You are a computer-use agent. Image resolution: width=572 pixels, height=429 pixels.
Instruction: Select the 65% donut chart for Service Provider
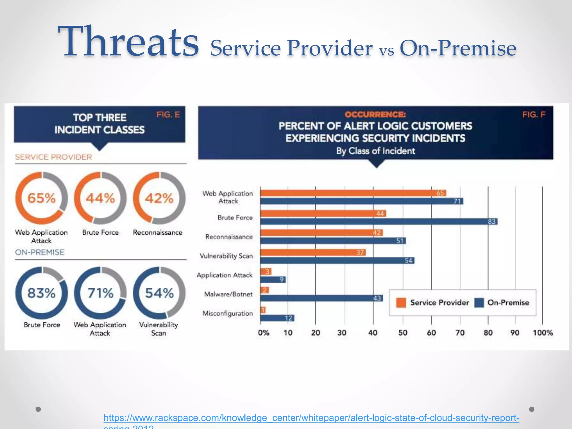tap(42, 198)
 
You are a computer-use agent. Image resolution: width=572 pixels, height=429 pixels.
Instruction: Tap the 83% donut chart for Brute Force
tap(42, 293)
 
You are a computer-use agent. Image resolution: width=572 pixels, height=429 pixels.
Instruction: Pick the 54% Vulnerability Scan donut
tap(159, 293)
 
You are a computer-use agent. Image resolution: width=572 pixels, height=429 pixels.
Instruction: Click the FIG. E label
tap(168, 115)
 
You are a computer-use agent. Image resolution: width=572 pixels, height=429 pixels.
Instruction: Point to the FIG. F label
tap(534, 115)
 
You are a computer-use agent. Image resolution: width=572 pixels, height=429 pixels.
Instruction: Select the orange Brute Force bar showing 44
tap(323, 214)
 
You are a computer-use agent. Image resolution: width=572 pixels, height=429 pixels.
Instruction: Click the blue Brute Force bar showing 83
tap(378, 222)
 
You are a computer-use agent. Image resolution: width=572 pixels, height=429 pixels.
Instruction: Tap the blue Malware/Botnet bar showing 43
tap(321, 298)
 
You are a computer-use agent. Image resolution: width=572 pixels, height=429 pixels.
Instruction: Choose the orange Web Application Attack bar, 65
tap(353, 193)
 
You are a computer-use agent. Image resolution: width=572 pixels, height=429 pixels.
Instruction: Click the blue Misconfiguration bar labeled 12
tap(277, 318)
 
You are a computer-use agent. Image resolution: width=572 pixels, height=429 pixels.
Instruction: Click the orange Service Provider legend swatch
tap(401, 303)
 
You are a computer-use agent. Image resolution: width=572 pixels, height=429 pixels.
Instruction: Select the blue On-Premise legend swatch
tap(479, 303)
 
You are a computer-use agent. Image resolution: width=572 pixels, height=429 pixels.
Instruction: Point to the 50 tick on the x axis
tap(403, 333)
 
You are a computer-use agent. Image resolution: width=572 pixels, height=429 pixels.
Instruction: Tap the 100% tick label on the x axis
tap(543, 333)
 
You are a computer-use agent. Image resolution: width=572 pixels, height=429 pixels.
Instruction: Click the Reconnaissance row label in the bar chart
tap(229, 237)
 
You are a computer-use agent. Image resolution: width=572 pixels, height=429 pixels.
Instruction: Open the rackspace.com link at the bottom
tap(311, 418)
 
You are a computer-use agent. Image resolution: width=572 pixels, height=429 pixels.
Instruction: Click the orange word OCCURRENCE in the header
tap(375, 115)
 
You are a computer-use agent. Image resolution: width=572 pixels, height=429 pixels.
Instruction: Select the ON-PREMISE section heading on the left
tap(40, 252)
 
